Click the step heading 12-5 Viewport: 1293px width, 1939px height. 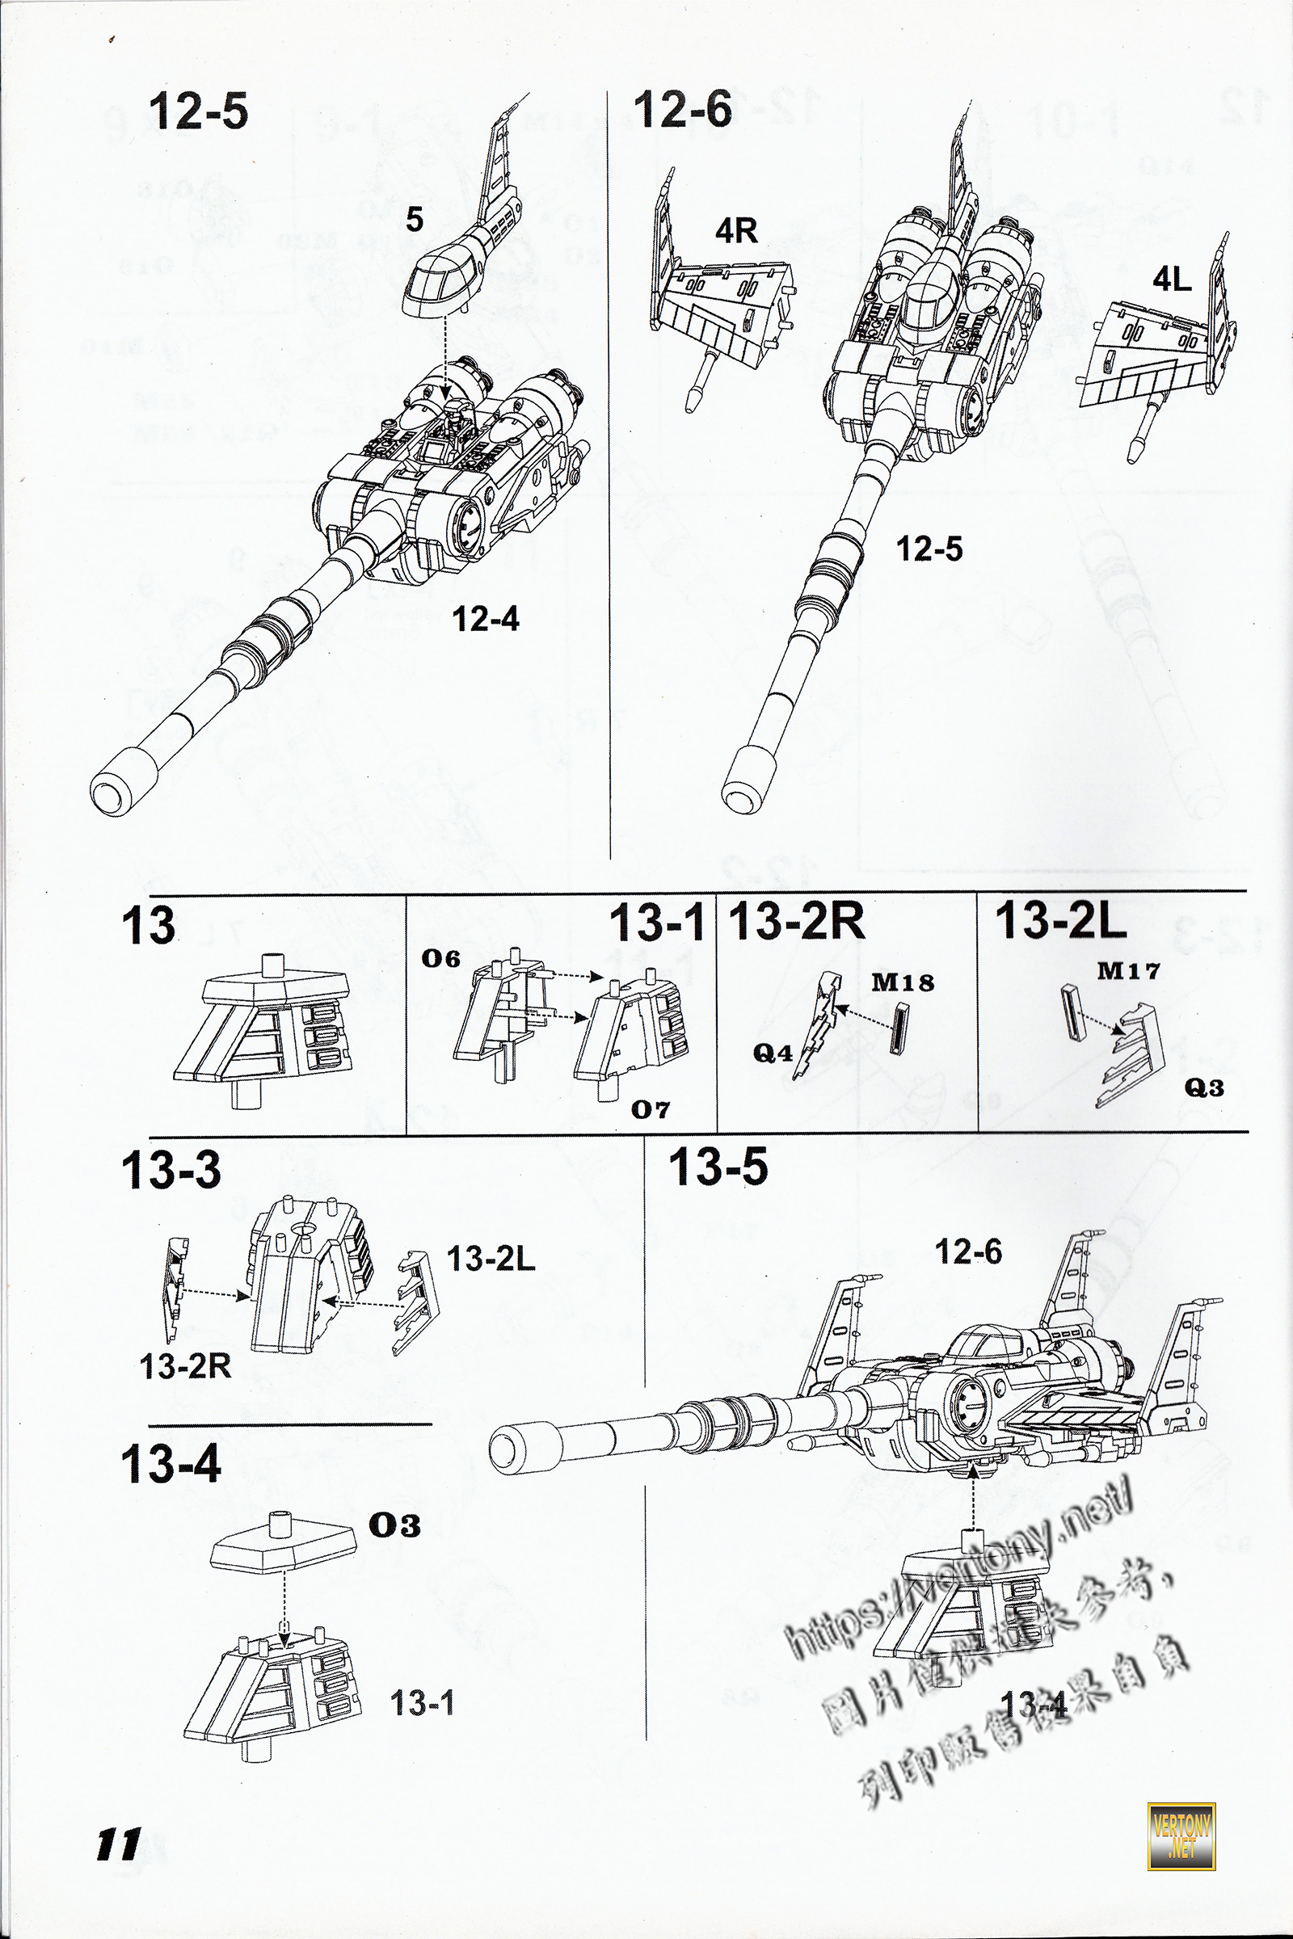point(198,111)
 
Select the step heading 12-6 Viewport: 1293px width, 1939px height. point(682,110)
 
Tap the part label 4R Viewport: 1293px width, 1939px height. point(735,231)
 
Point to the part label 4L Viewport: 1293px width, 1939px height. point(1172,280)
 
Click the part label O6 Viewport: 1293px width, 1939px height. point(440,959)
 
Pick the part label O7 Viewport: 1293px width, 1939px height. point(650,1110)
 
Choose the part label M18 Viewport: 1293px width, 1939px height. point(903,982)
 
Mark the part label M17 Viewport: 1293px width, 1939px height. point(1127,971)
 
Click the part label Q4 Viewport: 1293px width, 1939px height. point(773,1053)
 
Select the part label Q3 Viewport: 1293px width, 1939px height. point(1203,1088)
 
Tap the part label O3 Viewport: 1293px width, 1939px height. point(394,1525)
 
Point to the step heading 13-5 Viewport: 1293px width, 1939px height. point(718,1167)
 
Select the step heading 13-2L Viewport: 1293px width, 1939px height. point(1060,920)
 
